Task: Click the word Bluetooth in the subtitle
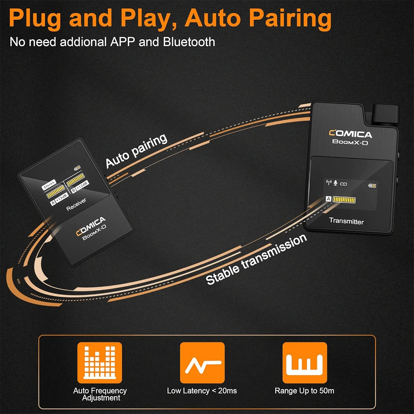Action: [189, 42]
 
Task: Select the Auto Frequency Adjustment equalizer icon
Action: [100, 363]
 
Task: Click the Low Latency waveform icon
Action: [202, 363]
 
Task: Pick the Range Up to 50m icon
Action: [305, 363]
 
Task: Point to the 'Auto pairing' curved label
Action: [136, 151]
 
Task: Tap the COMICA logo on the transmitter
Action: [350, 134]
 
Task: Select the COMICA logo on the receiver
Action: [91, 226]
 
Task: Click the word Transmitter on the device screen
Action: [346, 221]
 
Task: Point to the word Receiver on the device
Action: [76, 204]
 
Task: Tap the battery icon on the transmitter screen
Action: [372, 186]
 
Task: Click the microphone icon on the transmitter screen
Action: [335, 183]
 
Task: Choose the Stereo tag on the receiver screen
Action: [49, 185]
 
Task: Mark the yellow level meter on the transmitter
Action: [344, 199]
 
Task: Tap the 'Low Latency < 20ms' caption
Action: [202, 391]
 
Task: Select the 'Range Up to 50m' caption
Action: [304, 391]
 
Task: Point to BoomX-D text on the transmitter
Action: [350, 142]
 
